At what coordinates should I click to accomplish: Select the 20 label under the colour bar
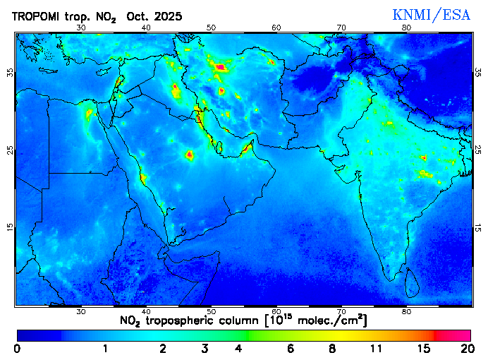click(465, 348)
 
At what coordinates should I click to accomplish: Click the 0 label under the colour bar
click(17, 348)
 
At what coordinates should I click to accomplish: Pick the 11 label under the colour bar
click(377, 348)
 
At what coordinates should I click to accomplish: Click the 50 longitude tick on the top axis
click(212, 28)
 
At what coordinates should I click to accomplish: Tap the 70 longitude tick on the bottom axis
click(341, 311)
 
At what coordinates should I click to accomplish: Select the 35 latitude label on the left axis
click(11, 73)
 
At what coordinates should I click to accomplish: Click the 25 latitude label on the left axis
click(11, 150)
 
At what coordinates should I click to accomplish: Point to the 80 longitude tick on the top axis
click(407, 28)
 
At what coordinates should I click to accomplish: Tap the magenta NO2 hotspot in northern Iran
click(221, 68)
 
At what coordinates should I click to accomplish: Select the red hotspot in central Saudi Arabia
click(189, 154)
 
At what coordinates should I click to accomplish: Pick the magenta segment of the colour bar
click(453, 335)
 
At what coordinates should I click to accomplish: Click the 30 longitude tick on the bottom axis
click(80, 311)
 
